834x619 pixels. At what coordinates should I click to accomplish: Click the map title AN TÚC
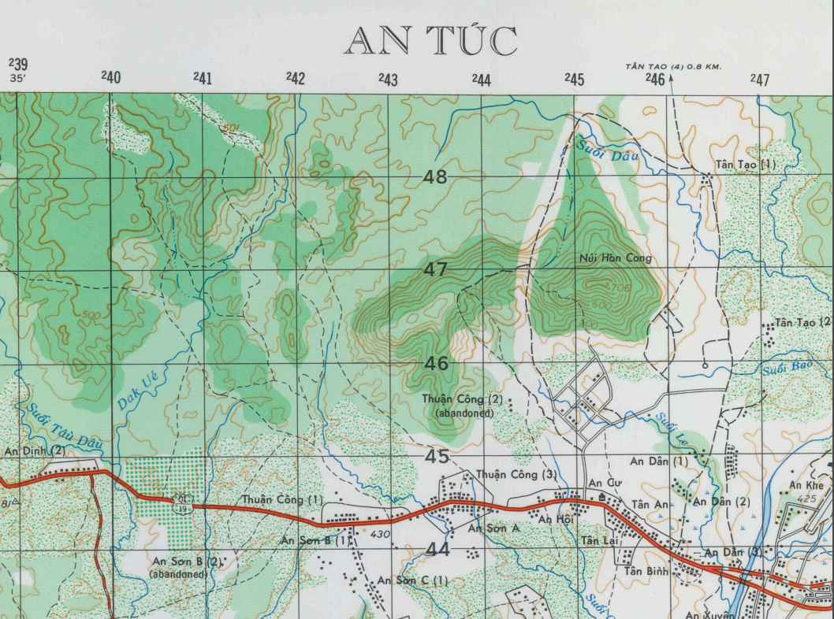(x=430, y=42)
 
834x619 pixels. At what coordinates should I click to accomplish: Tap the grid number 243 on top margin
(x=388, y=79)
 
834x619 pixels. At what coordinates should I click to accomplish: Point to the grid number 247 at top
(x=759, y=79)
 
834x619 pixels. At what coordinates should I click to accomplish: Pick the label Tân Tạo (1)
(x=746, y=165)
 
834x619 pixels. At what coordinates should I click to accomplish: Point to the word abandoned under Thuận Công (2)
(x=464, y=413)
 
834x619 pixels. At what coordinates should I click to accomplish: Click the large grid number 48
(x=435, y=177)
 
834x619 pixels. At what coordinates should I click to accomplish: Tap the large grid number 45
(x=436, y=456)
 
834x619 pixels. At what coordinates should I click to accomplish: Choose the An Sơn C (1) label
(x=412, y=580)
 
